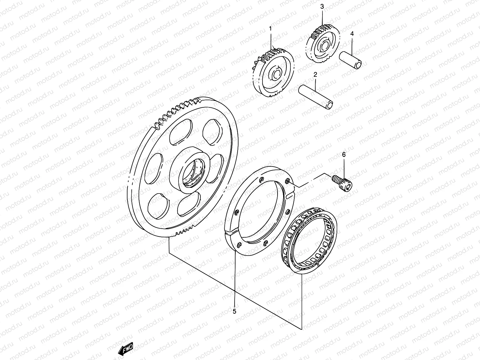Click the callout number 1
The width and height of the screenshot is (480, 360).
[270, 29]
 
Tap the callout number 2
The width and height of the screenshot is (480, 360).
[315, 75]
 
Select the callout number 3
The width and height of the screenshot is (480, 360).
[322, 6]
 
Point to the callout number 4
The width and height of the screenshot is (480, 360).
[352, 34]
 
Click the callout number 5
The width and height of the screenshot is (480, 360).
[234, 311]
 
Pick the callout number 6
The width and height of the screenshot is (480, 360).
[344, 154]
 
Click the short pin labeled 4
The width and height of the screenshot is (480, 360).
[355, 60]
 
